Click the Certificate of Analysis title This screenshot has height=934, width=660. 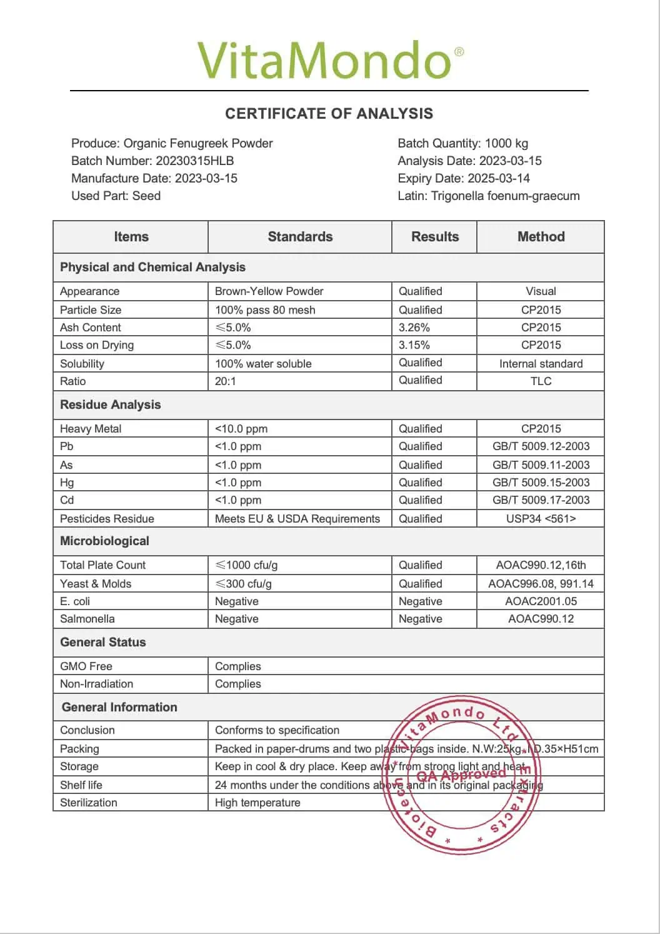pos(329,114)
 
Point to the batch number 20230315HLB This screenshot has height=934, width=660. pos(194,161)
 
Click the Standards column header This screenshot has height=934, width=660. pos(300,237)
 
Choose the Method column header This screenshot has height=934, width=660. pos(541,237)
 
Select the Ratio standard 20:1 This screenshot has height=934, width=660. pos(226,381)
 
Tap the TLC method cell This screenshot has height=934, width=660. pos(541,381)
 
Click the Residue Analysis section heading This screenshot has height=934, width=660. pos(110,405)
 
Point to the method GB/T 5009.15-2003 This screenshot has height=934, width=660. pos(541,483)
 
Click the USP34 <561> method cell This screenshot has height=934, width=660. pos(541,519)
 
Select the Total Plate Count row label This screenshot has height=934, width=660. pos(102,565)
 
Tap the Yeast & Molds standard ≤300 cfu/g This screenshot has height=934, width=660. pos(243,584)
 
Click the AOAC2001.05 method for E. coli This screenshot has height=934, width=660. pos(541,601)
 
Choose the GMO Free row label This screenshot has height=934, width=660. pos(86,666)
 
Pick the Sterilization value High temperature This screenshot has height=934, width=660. pos(257,803)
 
